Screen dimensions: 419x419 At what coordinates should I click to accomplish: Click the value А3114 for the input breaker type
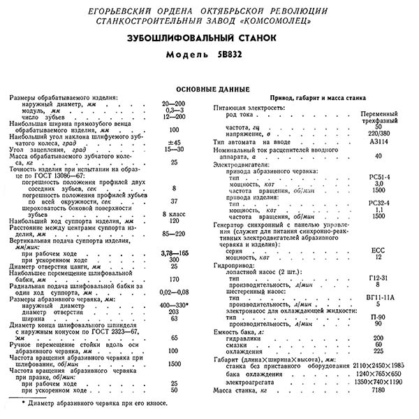(378, 141)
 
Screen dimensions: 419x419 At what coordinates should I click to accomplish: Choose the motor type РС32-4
(378, 203)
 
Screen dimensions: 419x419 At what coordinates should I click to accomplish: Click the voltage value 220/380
(378, 132)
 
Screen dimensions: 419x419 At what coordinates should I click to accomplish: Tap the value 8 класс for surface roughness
(173, 213)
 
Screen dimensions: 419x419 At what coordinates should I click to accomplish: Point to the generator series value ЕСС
(378, 250)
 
